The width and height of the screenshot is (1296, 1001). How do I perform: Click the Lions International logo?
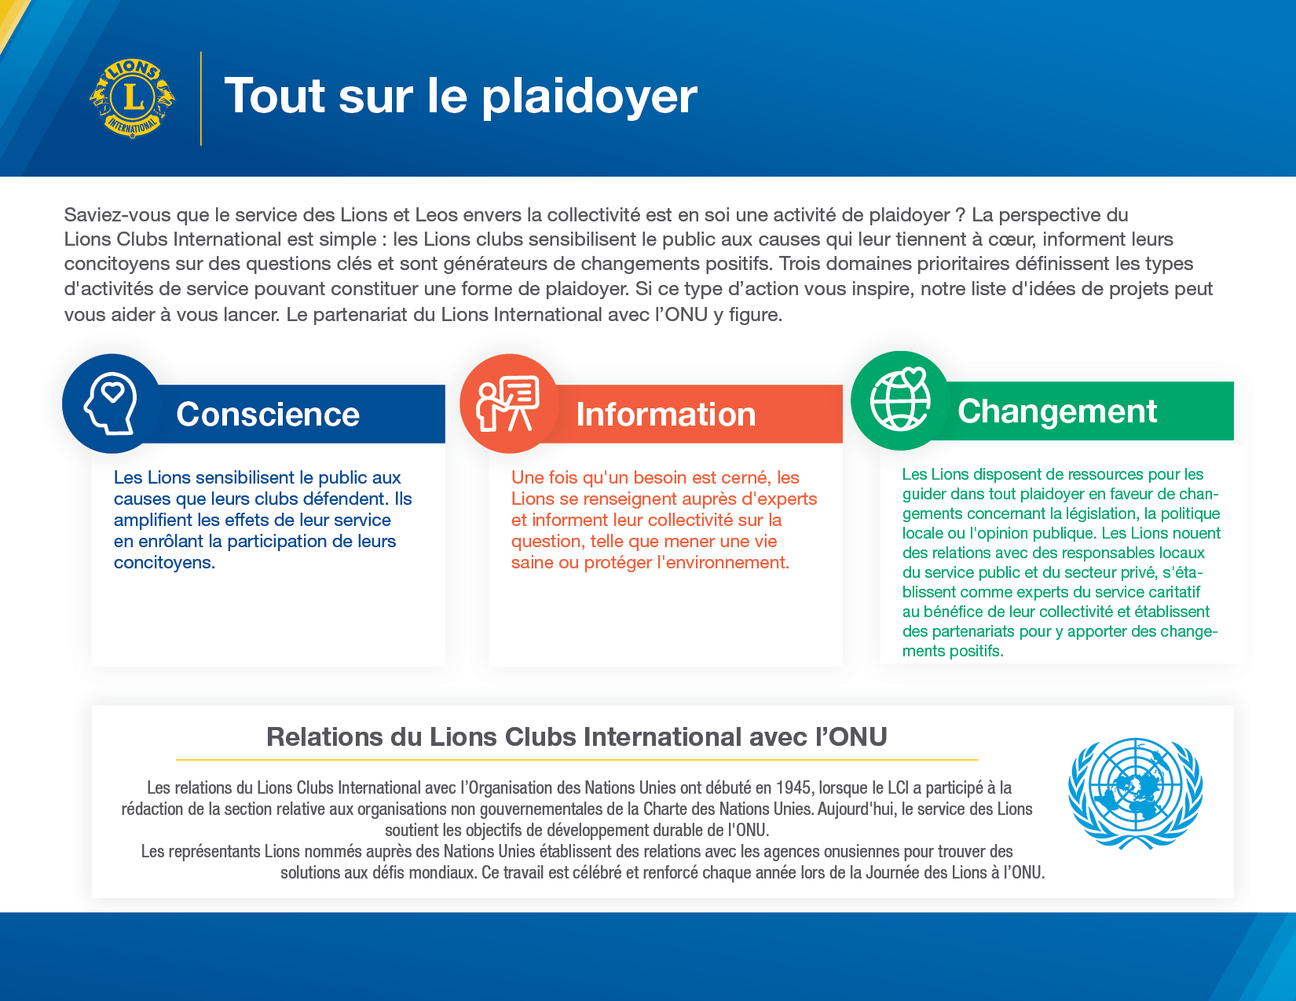point(132,99)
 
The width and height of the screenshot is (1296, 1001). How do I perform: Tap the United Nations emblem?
point(1135,793)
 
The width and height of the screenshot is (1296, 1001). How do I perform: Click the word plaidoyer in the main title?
point(589,97)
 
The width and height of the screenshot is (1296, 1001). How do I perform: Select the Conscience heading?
point(268,415)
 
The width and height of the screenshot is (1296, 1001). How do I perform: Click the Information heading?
point(665,415)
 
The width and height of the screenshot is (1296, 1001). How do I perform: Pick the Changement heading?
point(1057,411)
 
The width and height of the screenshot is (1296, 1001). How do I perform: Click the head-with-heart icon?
point(112,404)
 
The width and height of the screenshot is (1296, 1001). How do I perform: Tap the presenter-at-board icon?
point(509,404)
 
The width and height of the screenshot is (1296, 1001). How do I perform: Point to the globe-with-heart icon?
point(900,400)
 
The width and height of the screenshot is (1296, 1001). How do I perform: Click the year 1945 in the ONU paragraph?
point(793,787)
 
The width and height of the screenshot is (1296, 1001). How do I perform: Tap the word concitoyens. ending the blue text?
point(164,563)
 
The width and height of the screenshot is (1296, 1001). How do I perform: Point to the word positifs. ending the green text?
point(975,651)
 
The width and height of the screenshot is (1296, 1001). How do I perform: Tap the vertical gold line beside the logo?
point(201,99)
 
